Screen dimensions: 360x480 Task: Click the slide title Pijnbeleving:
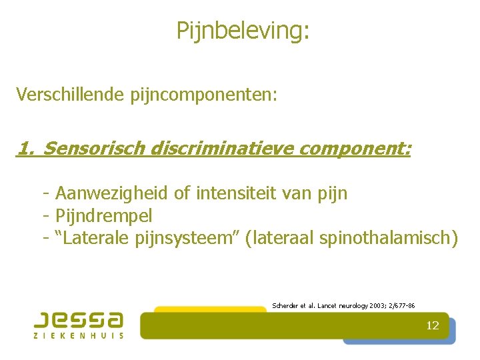243,30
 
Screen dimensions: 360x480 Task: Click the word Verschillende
67,94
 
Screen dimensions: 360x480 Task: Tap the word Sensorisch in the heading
94,148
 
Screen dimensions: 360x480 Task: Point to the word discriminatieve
223,148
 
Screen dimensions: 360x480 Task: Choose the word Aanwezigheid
112,194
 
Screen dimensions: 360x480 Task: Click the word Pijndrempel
104,216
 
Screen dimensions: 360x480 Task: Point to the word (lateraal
280,238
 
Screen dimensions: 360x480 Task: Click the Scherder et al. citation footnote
343,305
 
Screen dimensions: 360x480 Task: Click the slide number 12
433,326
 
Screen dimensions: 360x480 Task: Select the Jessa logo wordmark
79,320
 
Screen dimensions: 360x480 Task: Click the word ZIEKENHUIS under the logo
79,335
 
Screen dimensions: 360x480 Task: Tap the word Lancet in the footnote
327,305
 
